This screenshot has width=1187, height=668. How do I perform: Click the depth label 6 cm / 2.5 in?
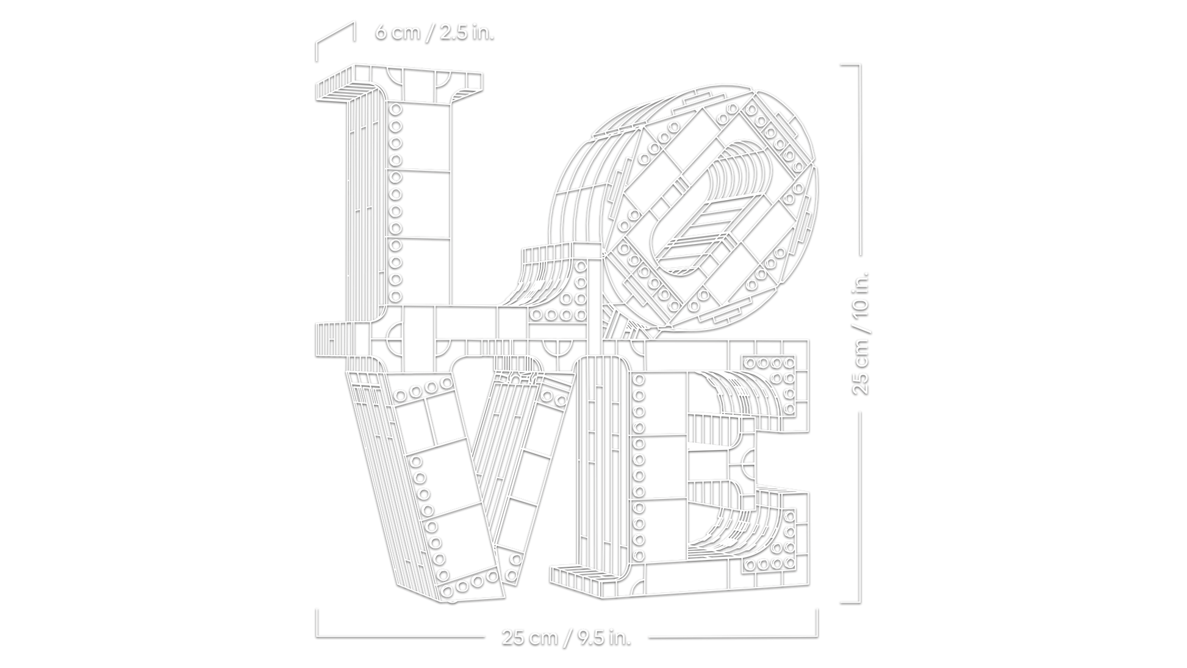[x=434, y=32]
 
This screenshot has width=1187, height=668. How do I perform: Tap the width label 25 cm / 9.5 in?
[x=567, y=637]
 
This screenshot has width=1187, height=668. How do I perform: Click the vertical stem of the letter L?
[x=421, y=201]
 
